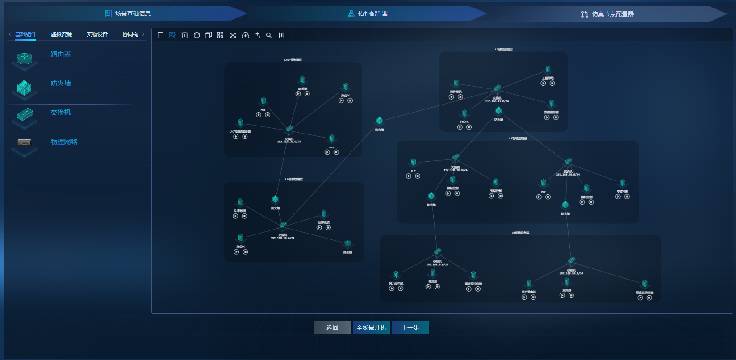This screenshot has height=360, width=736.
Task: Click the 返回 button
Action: pos(332,327)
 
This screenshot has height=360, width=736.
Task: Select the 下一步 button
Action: pos(410,327)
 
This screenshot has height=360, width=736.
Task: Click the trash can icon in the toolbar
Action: pos(184,35)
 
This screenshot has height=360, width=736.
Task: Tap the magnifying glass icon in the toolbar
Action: pos(269,35)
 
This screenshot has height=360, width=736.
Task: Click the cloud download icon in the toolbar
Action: pos(245,35)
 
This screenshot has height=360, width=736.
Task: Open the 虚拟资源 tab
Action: pos(61,34)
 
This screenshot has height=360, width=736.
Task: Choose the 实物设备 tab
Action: pos(97,34)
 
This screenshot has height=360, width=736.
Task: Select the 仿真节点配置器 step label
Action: pos(612,14)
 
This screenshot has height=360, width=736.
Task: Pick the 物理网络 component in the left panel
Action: pos(64,142)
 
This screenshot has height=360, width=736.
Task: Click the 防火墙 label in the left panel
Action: pos(61,84)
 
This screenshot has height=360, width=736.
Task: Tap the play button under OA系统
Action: pos(298,94)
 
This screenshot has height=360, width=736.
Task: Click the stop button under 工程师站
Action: pos(552,84)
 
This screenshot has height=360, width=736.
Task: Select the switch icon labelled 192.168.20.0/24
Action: pos(289,129)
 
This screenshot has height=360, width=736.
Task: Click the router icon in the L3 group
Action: pos(347,243)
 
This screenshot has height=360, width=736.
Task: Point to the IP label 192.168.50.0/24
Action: pos(571,273)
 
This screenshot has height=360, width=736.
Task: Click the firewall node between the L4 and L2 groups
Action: pos(379,121)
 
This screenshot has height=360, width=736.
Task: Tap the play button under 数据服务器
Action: pos(547,117)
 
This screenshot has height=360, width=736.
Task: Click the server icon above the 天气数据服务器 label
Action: pos(240,122)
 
